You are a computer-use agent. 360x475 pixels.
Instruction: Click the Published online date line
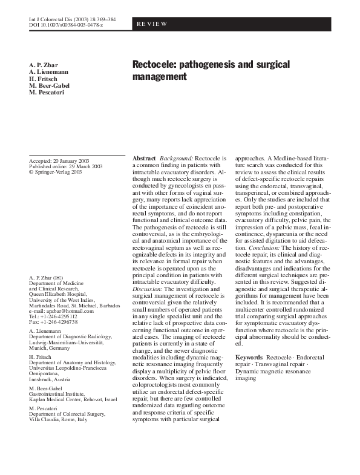point(65,166)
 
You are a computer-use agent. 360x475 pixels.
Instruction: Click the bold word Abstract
point(143,158)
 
